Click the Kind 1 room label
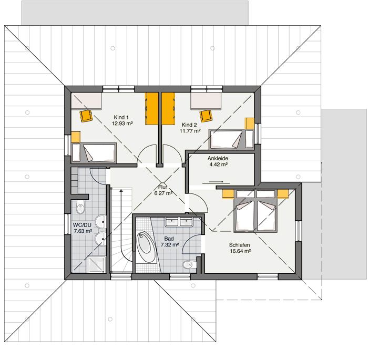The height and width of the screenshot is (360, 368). pyautogui.click(x=121, y=117)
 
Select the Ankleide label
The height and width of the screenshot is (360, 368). pyautogui.click(x=218, y=158)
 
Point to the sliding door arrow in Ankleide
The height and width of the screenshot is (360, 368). pyautogui.click(x=209, y=182)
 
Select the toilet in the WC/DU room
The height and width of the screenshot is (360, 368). pyautogui.click(x=79, y=208)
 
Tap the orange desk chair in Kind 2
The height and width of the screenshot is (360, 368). pyautogui.click(x=207, y=115)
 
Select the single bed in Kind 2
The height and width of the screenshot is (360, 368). pyautogui.click(x=226, y=139)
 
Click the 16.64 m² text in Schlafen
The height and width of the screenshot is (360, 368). pyautogui.click(x=239, y=252)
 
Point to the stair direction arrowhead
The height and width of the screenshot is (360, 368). pyautogui.click(x=122, y=191)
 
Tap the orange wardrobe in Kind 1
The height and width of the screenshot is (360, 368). pyautogui.click(x=152, y=108)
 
